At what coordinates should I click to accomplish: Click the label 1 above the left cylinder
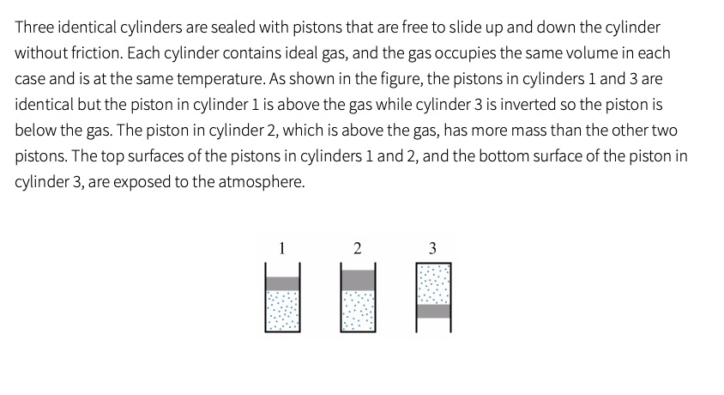tap(282, 249)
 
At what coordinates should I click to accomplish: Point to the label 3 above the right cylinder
tap(432, 249)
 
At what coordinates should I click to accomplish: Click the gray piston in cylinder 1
tap(282, 283)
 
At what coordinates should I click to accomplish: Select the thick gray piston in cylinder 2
tap(358, 281)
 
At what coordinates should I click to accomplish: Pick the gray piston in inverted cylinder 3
tap(433, 311)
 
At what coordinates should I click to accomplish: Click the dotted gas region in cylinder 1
tap(282, 311)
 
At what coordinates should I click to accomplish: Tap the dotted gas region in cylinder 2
tap(358, 313)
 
